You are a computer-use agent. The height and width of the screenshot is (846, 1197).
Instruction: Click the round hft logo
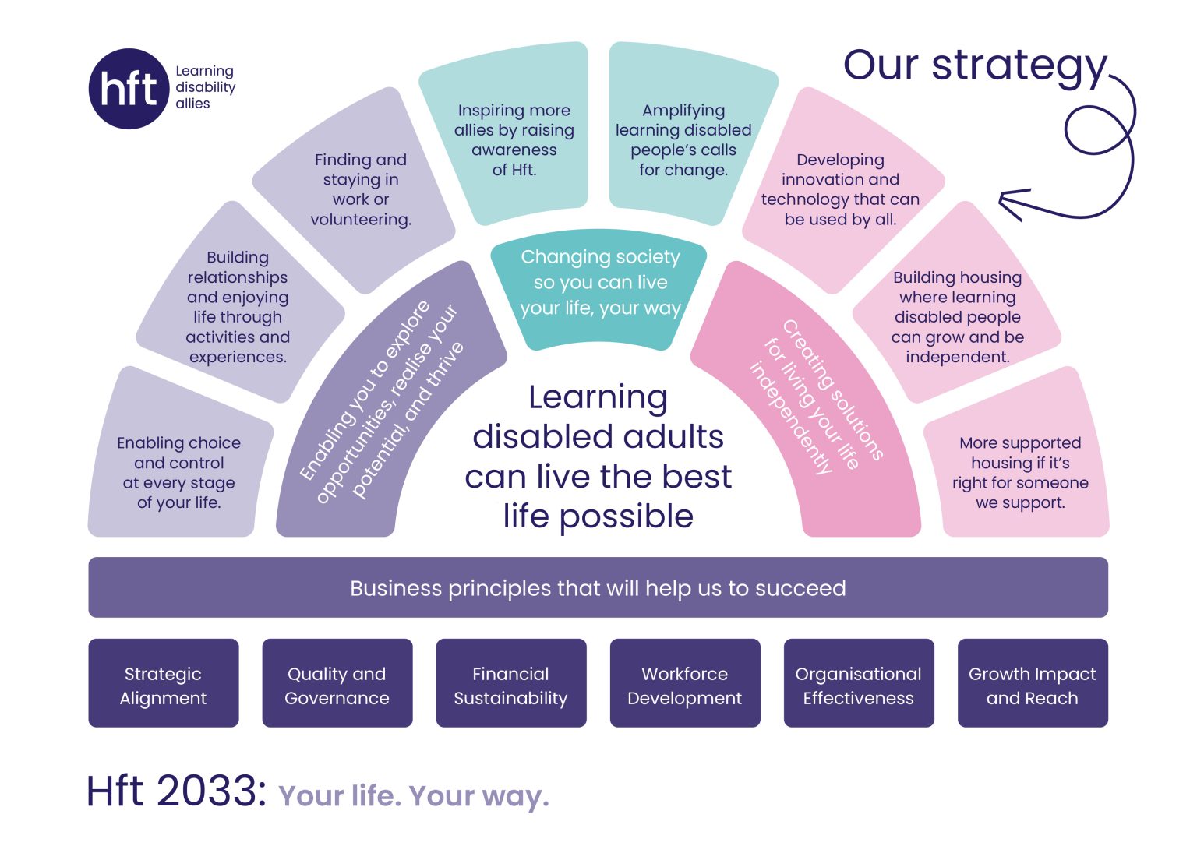[129, 88]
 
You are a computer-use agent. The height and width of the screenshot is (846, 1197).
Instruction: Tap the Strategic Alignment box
[164, 683]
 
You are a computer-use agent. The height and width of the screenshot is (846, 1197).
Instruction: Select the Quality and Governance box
[337, 683]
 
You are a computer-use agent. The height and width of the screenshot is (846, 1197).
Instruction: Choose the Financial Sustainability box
[510, 683]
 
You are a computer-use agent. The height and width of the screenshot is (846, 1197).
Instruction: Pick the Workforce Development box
[684, 683]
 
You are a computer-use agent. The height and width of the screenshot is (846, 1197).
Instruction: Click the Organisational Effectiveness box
[858, 683]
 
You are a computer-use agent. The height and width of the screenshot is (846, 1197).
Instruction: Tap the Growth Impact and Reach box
[1032, 683]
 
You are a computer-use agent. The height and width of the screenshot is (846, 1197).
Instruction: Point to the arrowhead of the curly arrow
[1005, 203]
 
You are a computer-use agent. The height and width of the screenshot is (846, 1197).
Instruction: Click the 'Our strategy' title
[974, 65]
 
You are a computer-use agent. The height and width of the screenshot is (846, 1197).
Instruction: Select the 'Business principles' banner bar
[598, 587]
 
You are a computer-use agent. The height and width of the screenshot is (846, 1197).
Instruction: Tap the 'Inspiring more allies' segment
[514, 140]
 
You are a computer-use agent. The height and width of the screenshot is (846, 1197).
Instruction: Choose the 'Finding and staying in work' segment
[360, 189]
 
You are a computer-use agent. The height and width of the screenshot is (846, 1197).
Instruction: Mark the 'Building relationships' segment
[238, 306]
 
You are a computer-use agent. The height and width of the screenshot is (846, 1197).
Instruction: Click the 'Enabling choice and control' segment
[178, 472]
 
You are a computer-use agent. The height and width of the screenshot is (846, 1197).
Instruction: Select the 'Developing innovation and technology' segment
[840, 189]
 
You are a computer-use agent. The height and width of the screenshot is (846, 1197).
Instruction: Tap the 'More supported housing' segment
[1019, 472]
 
